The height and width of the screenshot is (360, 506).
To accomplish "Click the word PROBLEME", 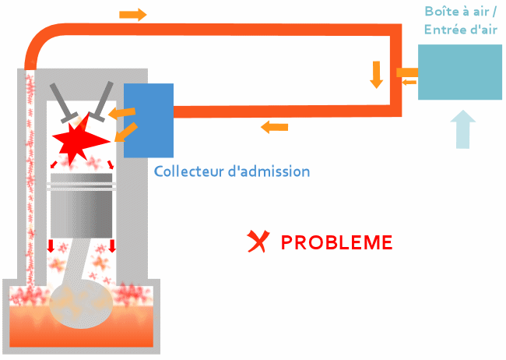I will coord(336,242).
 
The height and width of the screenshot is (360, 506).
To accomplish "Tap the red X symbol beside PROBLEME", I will coord(256,243).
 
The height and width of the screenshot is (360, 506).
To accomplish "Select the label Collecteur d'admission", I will coord(232,171).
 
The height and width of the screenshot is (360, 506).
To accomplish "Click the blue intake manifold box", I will coord(148,119).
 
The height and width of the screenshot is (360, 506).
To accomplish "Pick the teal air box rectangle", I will coord(459,72).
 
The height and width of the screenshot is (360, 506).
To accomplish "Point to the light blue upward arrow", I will coord(464,129).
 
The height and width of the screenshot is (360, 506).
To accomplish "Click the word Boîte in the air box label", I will coord(440,12).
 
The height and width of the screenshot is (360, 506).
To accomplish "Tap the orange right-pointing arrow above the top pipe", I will coord(133,15).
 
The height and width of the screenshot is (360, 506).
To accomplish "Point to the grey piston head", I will coord(82,188).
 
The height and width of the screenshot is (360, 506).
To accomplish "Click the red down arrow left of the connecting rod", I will coord(51,247).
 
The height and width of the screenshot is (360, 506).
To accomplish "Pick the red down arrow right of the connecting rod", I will coord(112,247).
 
